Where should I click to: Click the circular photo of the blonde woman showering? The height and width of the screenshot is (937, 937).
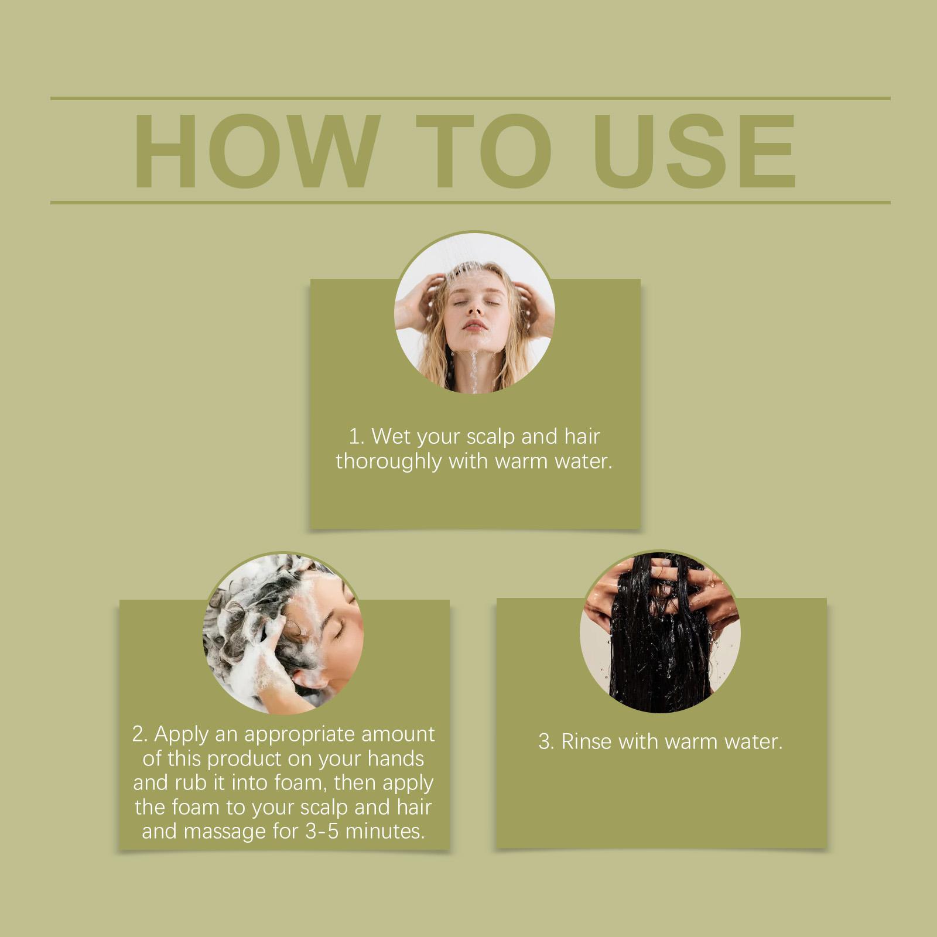pos(474,317)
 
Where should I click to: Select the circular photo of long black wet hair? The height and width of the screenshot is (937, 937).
pos(660,632)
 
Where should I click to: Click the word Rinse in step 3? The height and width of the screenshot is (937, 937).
pos(586,742)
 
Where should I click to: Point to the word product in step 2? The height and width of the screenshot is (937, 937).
pos(245,760)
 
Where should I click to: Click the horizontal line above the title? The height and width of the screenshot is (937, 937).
pos(470,98)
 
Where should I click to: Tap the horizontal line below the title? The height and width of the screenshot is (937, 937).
pos(470,203)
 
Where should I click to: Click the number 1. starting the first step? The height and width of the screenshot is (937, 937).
pos(355,437)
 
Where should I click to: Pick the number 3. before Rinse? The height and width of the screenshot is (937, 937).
pos(546,743)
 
